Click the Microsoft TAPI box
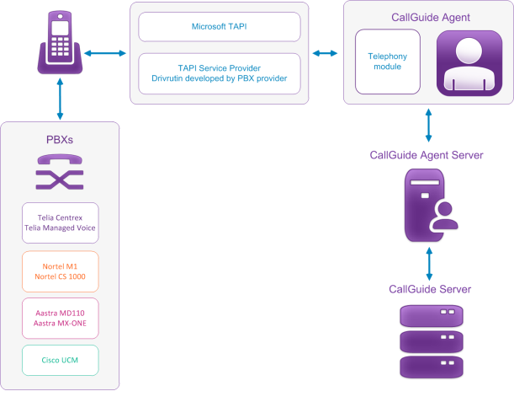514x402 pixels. click(220, 26)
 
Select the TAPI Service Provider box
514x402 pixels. click(220, 72)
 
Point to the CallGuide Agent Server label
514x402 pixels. click(430, 155)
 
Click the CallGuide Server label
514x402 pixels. click(430, 289)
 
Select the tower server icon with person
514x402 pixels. click(430, 205)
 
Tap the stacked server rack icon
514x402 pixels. click(430, 341)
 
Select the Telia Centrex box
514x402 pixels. click(60, 222)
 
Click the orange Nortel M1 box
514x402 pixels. click(60, 271)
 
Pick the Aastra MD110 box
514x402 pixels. click(60, 318)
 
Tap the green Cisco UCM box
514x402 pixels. click(60, 360)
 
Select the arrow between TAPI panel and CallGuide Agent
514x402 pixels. click(321, 53)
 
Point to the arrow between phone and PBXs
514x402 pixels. click(61, 100)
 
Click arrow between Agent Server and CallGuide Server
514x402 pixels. click(430, 265)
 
